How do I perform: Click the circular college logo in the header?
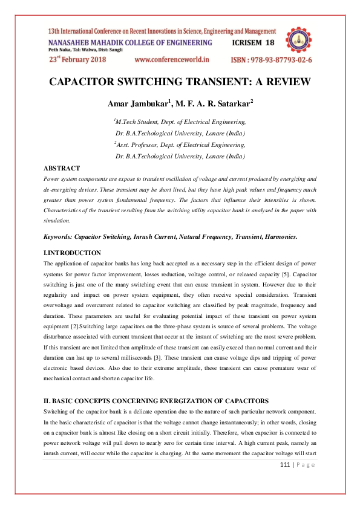(x=299, y=41)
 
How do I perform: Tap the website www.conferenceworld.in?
(x=171, y=60)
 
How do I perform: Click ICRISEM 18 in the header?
(x=254, y=43)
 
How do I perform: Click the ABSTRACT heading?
(x=62, y=167)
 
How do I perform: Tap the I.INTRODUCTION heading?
(x=73, y=252)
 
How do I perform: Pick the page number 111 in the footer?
(x=287, y=464)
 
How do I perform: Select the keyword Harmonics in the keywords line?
(x=278, y=236)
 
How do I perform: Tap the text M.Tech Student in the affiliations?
(x=139, y=122)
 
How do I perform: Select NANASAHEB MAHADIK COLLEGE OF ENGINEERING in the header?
(x=130, y=43)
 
